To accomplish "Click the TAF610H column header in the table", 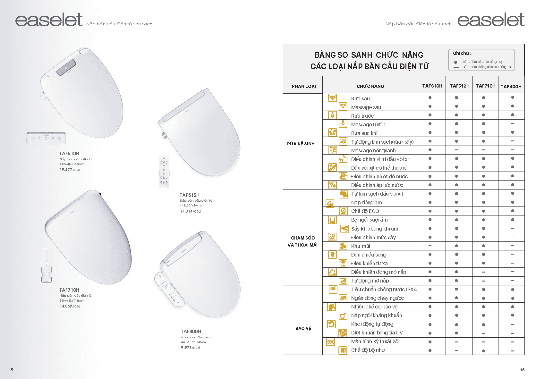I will pyautogui.click(x=432, y=86).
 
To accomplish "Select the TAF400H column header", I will pyautogui.click(x=511, y=87).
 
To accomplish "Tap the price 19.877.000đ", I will pyautogui.click(x=70, y=170).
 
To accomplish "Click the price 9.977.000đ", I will pyautogui.click(x=190, y=347).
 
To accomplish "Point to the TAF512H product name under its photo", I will pyautogui.click(x=190, y=195).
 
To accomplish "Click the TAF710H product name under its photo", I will pyautogui.click(x=69, y=290).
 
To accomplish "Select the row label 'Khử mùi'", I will pyautogui.click(x=361, y=246).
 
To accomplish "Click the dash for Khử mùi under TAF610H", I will pyautogui.click(x=430, y=246).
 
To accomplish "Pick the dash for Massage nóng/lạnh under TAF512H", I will pyautogui.click(x=456, y=150).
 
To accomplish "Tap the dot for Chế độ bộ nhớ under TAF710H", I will pyautogui.click(x=483, y=350).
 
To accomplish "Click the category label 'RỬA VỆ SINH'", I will pyautogui.click(x=301, y=144).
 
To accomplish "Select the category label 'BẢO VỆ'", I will pyautogui.click(x=303, y=328).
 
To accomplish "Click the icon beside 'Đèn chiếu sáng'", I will pyautogui.click(x=333, y=255).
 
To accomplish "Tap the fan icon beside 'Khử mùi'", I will pyautogui.click(x=343, y=246).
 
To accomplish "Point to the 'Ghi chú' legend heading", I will pyautogui.click(x=462, y=53).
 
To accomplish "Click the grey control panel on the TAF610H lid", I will pyautogui.click(x=66, y=67).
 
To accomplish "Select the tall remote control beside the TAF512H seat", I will pyautogui.click(x=164, y=172).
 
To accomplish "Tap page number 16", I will pyautogui.click(x=522, y=370).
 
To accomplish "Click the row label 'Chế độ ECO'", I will pyautogui.click(x=365, y=211).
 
